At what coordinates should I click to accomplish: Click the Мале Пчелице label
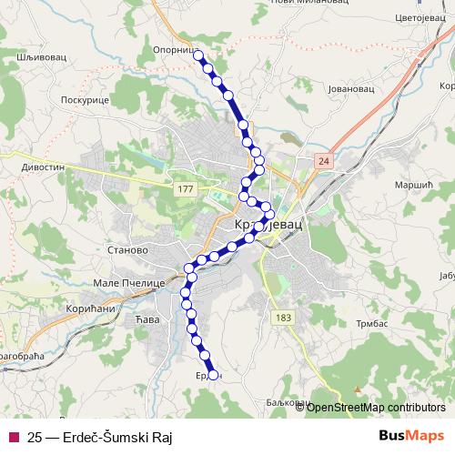click(128, 283)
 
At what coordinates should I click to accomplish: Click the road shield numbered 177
click(187, 187)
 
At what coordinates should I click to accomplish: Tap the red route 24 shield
click(323, 160)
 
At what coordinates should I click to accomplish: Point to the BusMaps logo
click(411, 436)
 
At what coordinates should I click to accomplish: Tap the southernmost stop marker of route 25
click(213, 373)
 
